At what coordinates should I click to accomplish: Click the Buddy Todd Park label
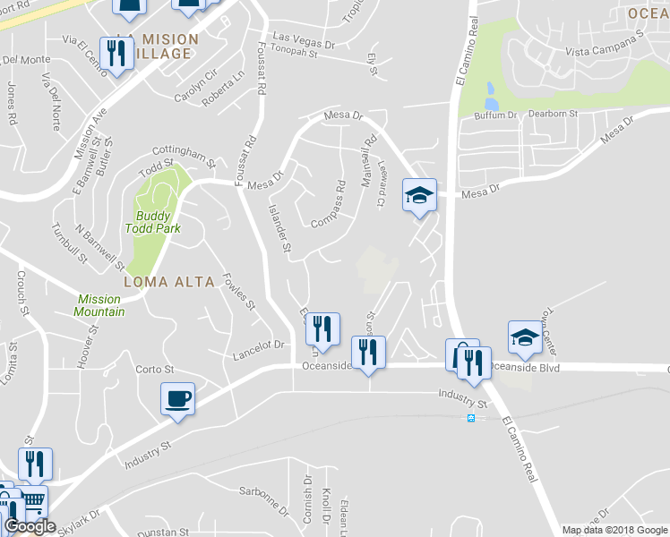pos(159,222)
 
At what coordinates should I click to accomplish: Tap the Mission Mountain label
pos(100,305)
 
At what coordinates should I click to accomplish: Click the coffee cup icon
pos(178,397)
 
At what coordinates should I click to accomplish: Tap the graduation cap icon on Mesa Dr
pos(418,194)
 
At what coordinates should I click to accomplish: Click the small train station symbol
pos(470,419)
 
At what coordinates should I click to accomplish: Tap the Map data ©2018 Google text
pos(614,530)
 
